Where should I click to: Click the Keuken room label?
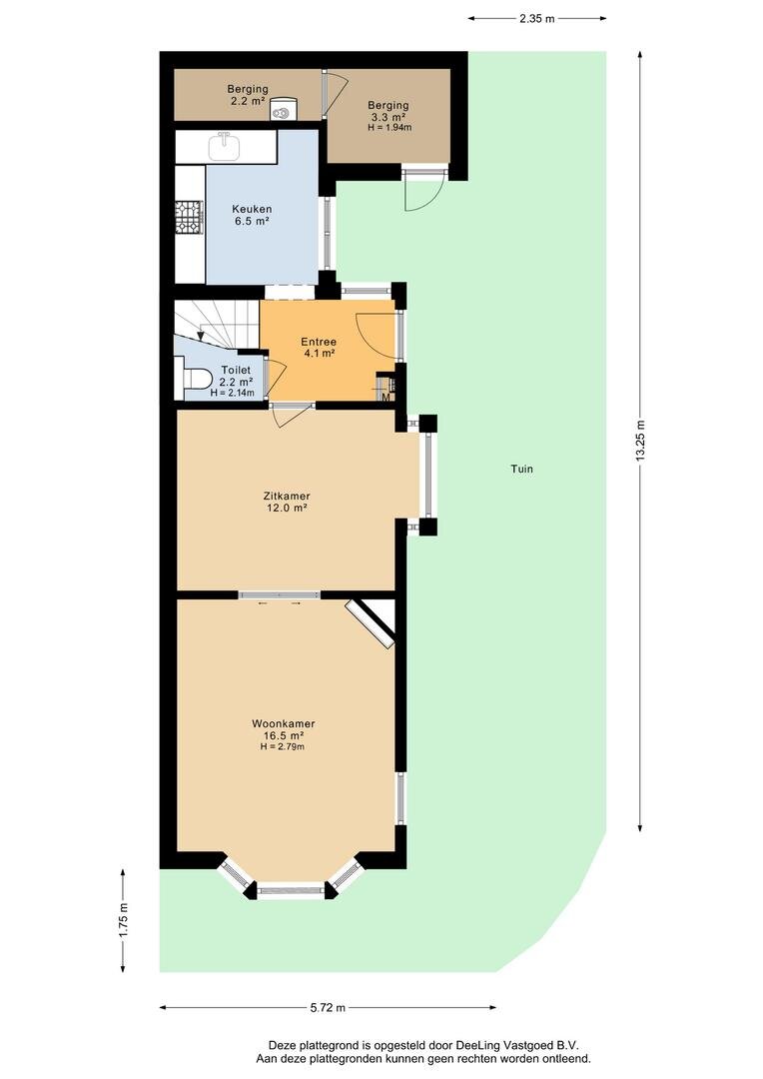[251, 215]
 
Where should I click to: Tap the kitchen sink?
[225, 146]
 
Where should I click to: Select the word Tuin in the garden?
[521, 470]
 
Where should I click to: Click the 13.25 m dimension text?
[640, 441]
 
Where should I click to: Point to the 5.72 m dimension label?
[328, 1008]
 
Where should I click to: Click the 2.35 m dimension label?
[536, 19]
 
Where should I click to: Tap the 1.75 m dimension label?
[124, 920]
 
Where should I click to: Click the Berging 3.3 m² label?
[388, 116]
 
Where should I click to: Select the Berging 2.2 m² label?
[248, 95]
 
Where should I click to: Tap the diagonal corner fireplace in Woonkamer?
[372, 623]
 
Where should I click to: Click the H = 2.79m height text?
[282, 746]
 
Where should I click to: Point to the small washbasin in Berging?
[282, 110]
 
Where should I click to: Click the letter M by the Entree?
[385, 397]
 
